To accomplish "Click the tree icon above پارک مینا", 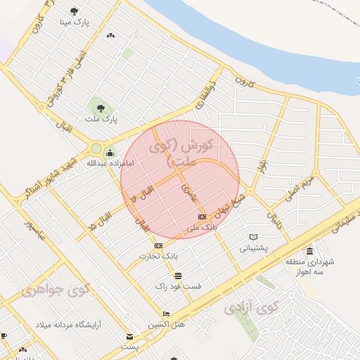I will [x=74, y=11].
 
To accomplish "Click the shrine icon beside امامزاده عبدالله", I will [x=109, y=153].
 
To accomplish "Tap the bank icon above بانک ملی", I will [x=202, y=217].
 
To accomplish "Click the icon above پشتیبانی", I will [x=253, y=237].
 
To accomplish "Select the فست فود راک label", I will [x=178, y=286].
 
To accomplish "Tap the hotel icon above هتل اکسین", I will [x=166, y=314].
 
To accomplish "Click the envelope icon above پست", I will [x=129, y=336].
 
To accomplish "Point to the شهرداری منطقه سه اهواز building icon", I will [x=309, y=252].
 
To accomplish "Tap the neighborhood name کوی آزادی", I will [x=251, y=307].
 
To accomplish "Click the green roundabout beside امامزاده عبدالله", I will [x=96, y=148].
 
